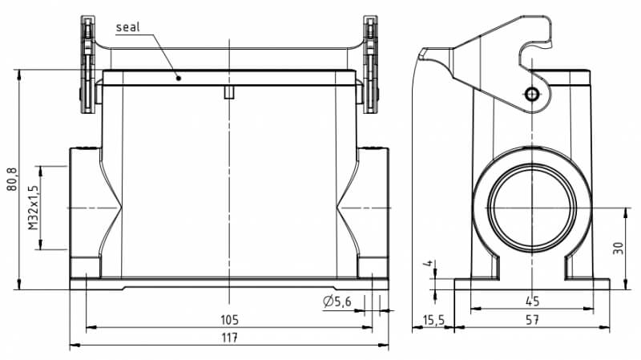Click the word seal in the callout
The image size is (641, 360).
[x=128, y=27]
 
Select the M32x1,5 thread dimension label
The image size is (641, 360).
[x=33, y=208]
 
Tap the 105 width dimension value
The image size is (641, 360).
[x=230, y=319]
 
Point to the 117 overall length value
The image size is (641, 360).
[x=230, y=338]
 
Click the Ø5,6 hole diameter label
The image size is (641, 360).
[x=337, y=301]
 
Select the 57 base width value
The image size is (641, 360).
[x=532, y=319]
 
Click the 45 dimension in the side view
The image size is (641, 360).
[x=532, y=301]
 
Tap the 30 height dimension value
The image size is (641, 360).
[x=618, y=247]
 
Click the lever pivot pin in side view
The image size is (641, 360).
[x=532, y=95]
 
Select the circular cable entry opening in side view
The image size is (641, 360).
[x=532, y=206]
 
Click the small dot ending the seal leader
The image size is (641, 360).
[x=179, y=78]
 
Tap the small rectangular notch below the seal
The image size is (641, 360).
[x=229, y=93]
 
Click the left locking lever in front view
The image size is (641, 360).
[x=87, y=64]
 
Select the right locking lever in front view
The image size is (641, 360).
[x=371, y=64]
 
